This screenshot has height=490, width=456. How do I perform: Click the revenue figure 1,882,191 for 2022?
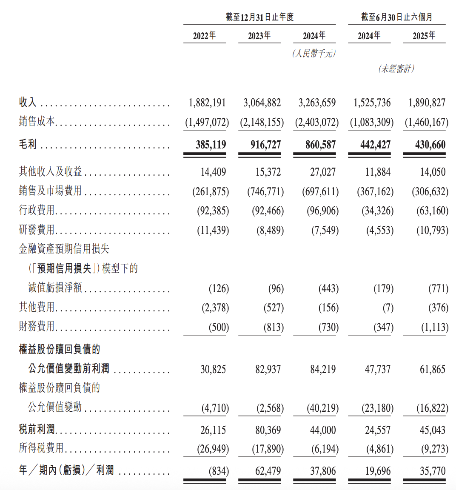click(x=207, y=103)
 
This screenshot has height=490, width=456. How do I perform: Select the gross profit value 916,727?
click(x=265, y=145)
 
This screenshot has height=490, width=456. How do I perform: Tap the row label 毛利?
click(x=28, y=145)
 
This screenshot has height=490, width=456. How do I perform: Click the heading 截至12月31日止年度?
click(x=259, y=17)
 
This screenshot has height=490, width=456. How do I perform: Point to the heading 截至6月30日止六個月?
click(x=396, y=17)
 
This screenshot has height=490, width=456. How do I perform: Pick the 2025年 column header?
click(x=424, y=36)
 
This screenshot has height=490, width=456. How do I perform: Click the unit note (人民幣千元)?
click(x=314, y=53)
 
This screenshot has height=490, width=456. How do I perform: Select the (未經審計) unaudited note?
click(x=396, y=68)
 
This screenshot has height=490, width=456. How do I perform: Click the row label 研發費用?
click(x=37, y=230)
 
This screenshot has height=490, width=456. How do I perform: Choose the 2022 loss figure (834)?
click(x=219, y=471)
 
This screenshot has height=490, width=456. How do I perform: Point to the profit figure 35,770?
click(x=433, y=471)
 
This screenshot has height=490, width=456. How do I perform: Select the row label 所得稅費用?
click(x=41, y=448)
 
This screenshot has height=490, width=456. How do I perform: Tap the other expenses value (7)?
click(x=388, y=308)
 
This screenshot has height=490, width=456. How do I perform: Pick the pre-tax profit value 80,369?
click(x=268, y=430)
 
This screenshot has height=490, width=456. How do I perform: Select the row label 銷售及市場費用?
click(x=50, y=191)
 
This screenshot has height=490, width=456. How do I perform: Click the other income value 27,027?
click(x=323, y=172)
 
